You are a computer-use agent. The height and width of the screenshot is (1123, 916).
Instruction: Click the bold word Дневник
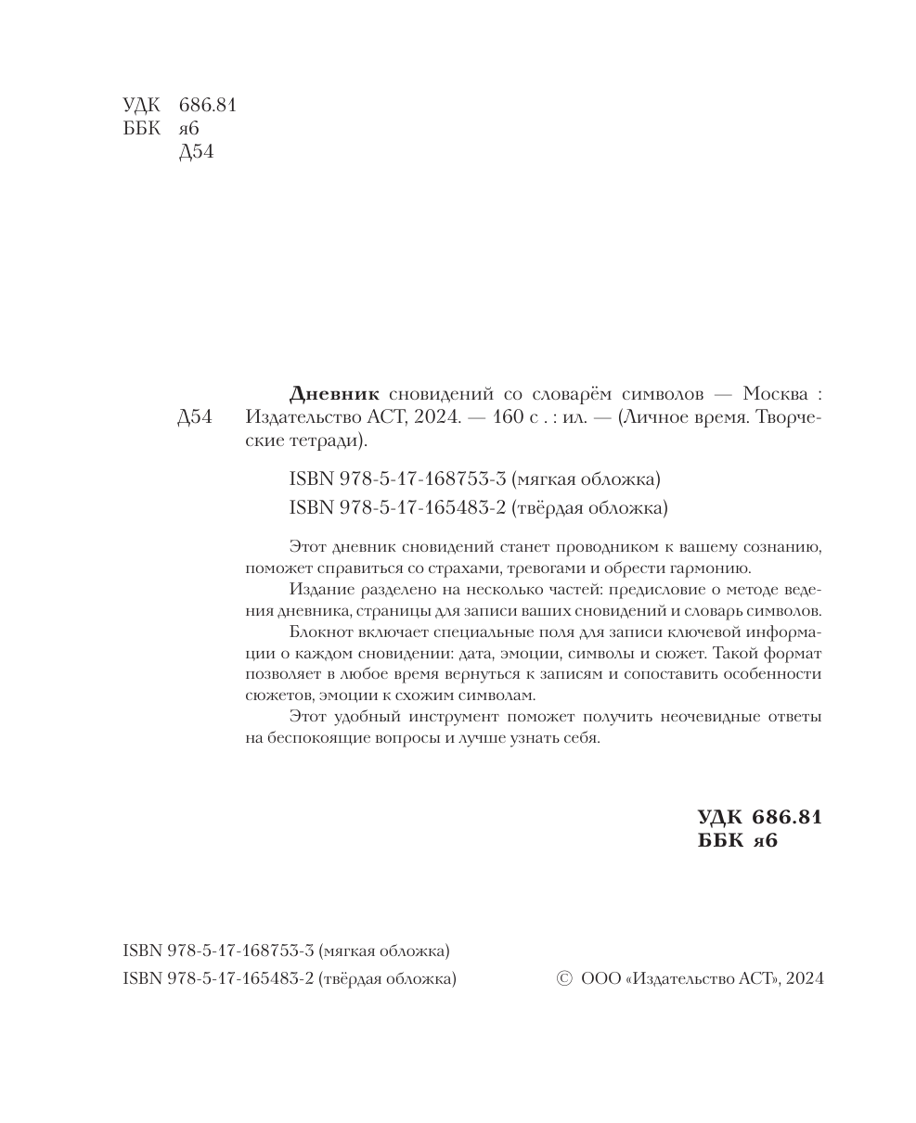(334, 393)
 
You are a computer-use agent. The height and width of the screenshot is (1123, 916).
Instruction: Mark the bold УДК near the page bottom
(720, 817)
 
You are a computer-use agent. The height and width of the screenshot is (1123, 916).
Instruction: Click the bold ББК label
(719, 841)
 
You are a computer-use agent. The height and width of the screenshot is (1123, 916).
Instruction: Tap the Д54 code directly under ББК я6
(196, 152)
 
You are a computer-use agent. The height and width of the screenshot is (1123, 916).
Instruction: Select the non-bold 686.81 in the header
(207, 105)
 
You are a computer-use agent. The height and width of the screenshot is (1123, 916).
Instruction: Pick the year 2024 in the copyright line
(804, 978)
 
